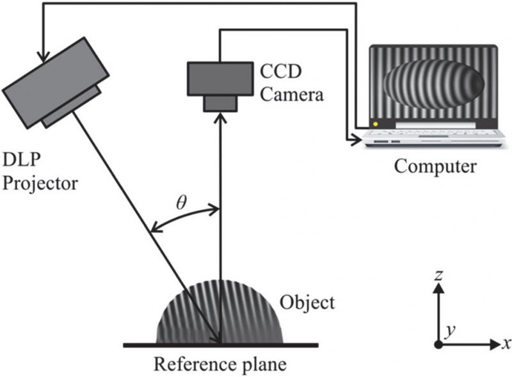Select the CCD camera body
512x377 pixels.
(x=220, y=77)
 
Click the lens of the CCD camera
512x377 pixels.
(x=220, y=102)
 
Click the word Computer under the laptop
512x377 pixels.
(x=435, y=167)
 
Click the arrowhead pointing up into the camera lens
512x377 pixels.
(x=220, y=118)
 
